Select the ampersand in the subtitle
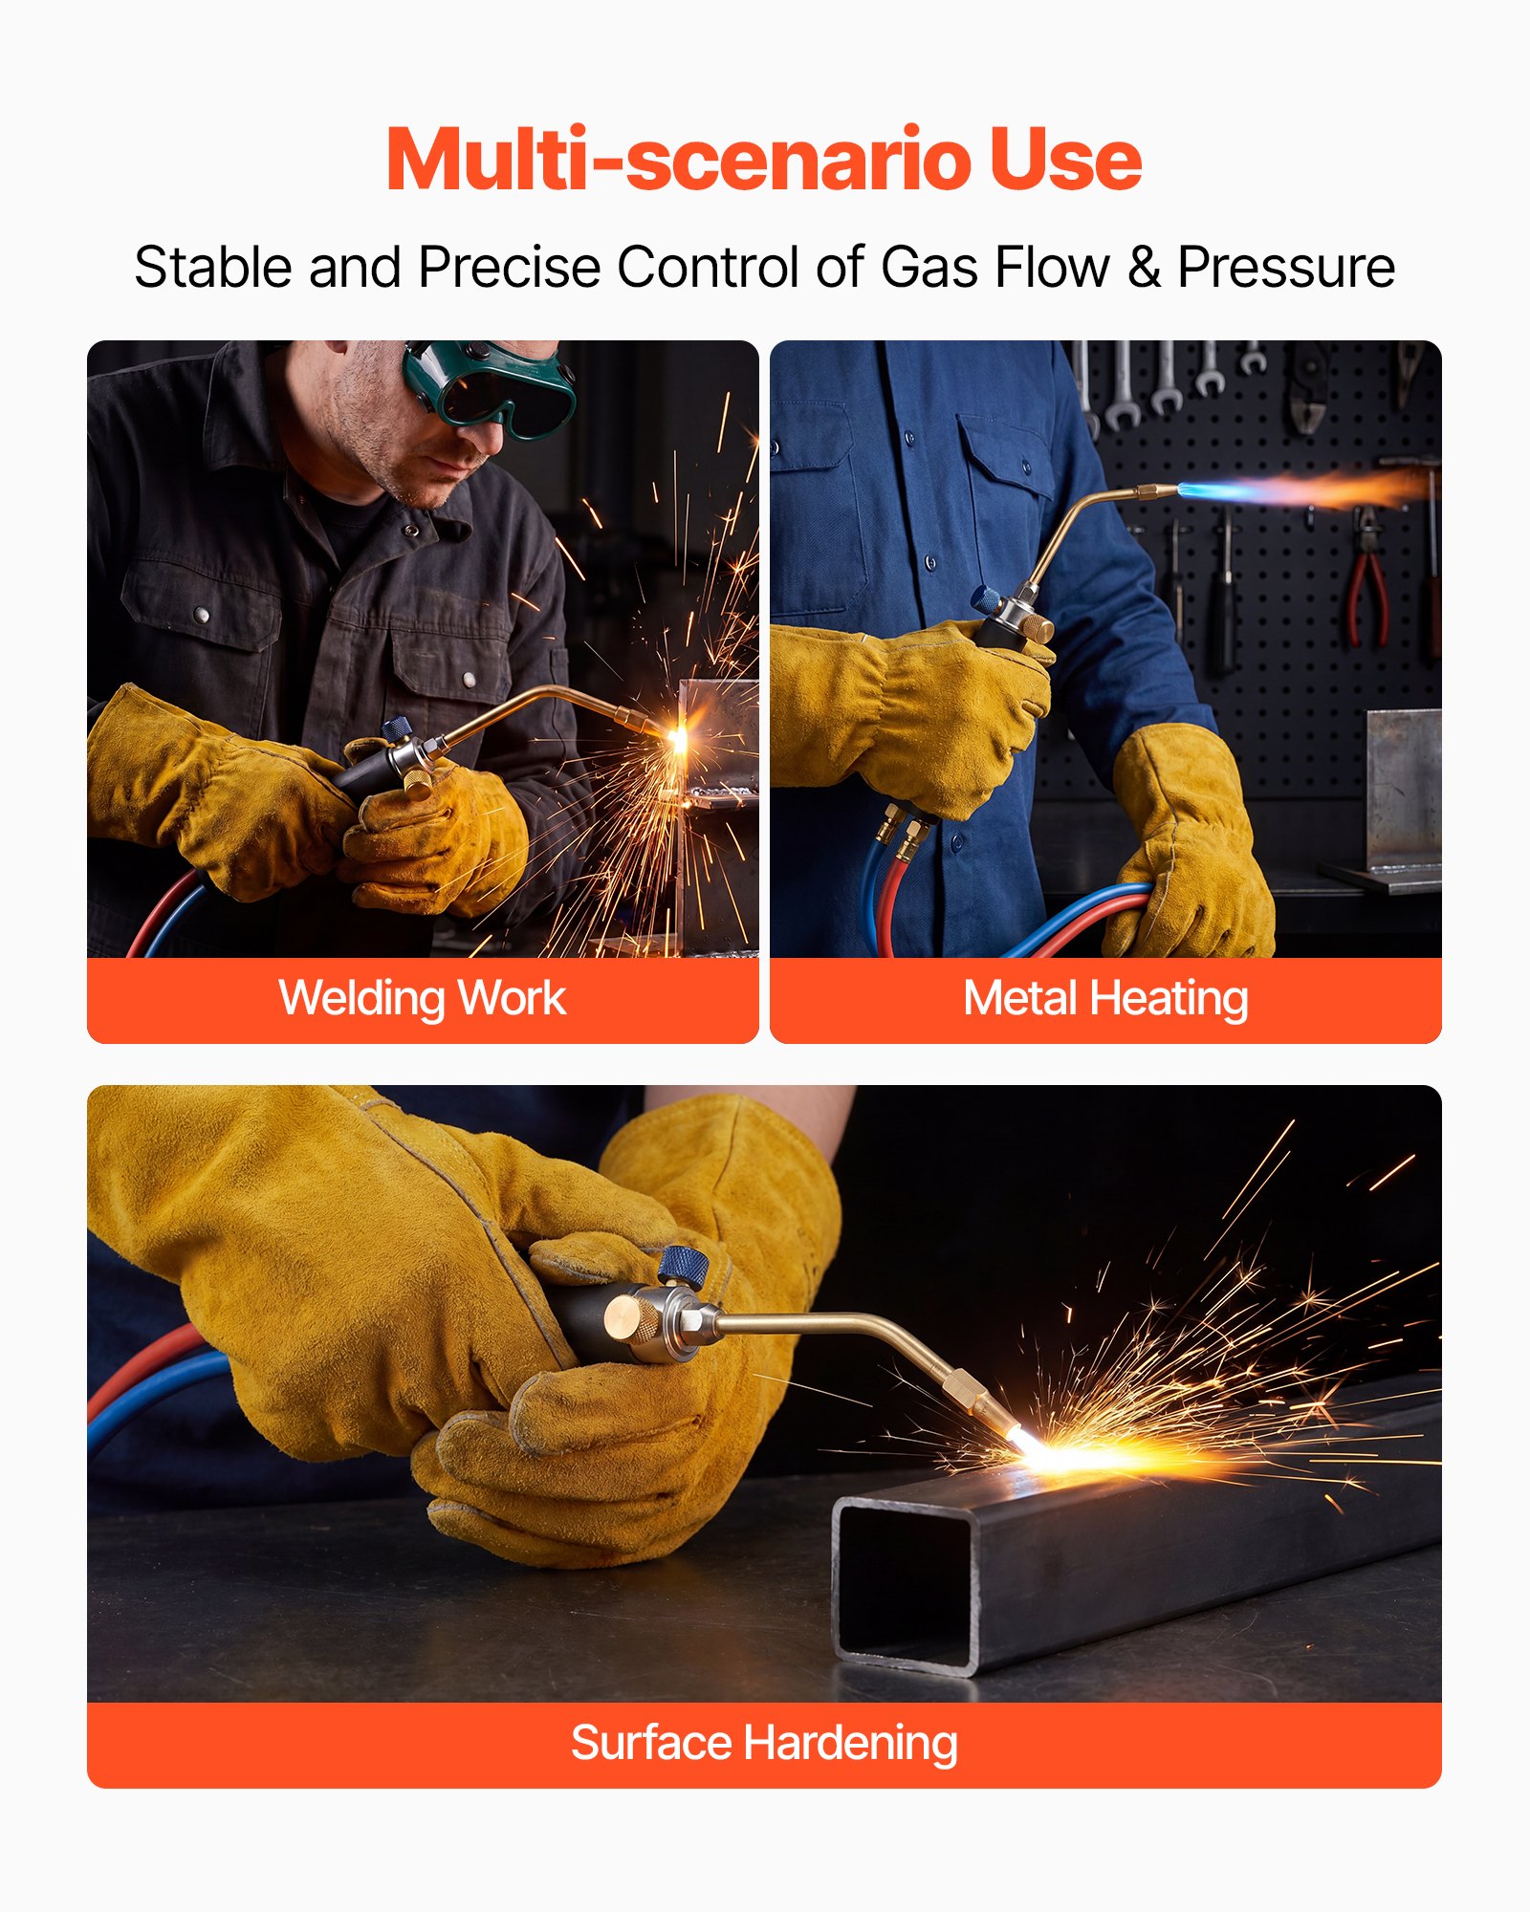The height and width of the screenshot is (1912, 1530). [x=1144, y=268]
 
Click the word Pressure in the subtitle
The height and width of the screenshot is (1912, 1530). [x=1286, y=268]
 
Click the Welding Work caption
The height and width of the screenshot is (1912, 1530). [x=423, y=999]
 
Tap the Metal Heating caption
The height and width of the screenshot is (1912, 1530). [x=1105, y=1000]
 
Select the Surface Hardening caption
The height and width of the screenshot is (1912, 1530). [x=764, y=1744]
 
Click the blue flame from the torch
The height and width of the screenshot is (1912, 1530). [x=1234, y=491]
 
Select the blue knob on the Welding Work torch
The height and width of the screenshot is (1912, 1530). [x=398, y=728]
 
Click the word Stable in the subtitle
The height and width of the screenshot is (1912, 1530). [x=213, y=268]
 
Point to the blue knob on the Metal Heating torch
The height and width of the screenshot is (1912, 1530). [x=986, y=599]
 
